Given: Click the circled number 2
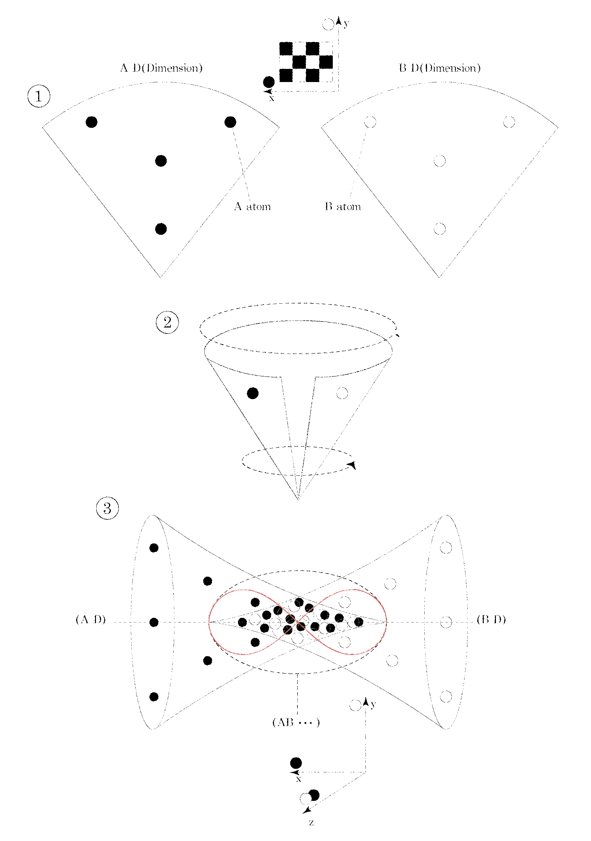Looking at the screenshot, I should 167,322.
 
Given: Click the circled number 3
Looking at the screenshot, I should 107,508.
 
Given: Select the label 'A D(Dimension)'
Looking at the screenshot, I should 161,68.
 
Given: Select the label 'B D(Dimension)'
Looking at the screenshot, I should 439,68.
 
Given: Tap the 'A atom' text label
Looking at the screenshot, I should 252,207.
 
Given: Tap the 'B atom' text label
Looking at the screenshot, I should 343,207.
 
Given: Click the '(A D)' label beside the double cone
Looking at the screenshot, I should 91,619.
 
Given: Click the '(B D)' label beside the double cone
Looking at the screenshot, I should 491,619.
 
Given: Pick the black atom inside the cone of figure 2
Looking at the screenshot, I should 253,393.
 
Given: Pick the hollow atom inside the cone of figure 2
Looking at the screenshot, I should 342,393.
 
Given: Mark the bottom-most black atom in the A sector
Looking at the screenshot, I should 161,229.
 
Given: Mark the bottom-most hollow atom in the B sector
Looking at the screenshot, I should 439,229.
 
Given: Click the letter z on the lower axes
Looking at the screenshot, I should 311,823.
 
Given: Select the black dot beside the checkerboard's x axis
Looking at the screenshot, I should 269,82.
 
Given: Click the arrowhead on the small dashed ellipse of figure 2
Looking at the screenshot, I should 352,465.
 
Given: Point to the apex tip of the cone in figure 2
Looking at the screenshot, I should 298,499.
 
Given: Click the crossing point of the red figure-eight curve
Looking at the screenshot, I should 298,622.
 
